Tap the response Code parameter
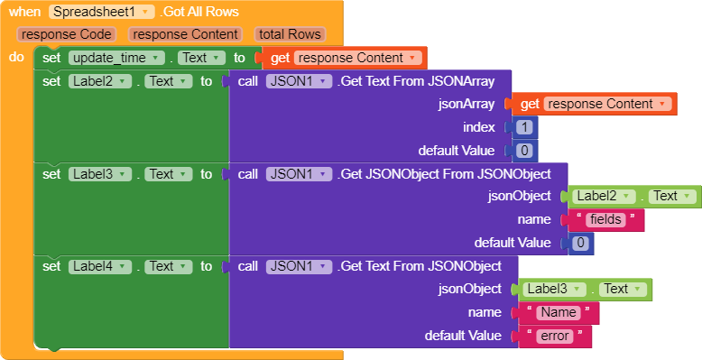67,34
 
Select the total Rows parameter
289,34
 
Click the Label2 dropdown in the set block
100,81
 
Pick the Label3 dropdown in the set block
100,174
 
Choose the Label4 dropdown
100,266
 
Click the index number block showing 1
524,127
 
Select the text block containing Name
560,312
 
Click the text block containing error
555,336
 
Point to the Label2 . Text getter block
633,196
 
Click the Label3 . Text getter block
584,289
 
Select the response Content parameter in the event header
184,34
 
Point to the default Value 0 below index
524,151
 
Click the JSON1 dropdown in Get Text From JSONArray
298,81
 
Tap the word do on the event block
16,57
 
